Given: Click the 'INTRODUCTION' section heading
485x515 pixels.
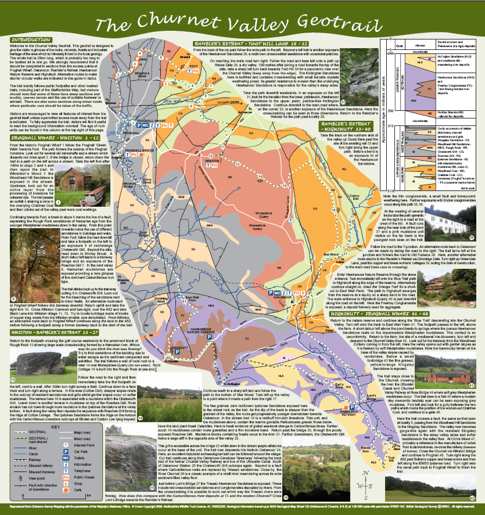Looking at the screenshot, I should [33, 39].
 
